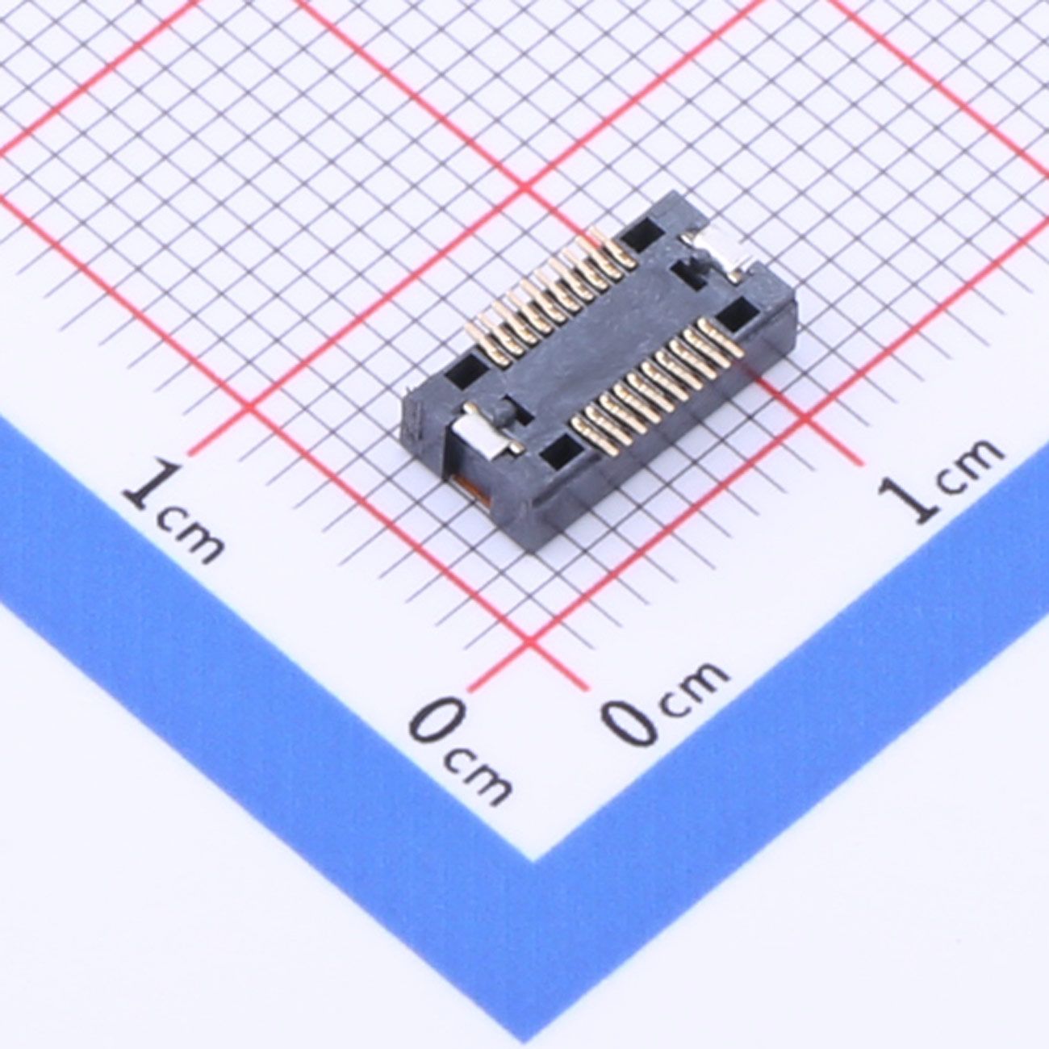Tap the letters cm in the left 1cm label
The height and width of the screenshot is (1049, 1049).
191,536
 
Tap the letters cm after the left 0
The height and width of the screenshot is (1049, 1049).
479,778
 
